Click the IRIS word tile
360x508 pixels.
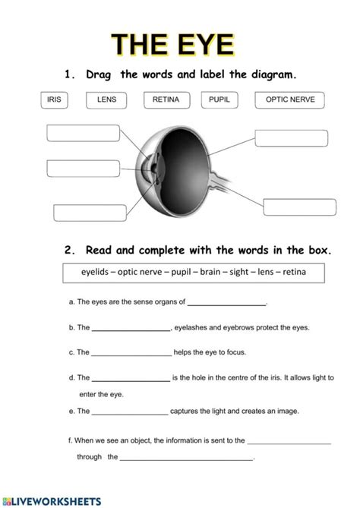(55, 99)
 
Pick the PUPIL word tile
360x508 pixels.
(219, 99)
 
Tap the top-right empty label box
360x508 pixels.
(287, 137)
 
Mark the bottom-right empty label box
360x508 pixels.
(298, 207)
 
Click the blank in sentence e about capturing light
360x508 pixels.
(130, 414)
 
